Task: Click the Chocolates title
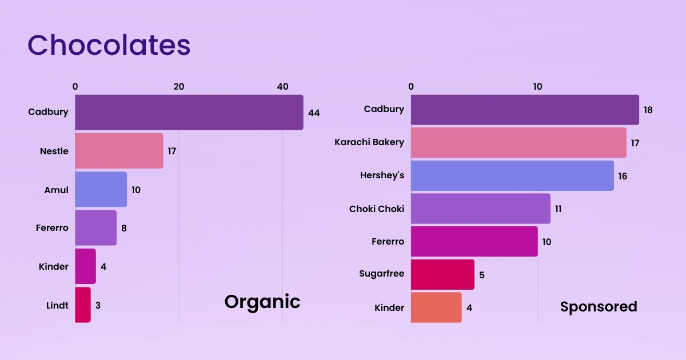tap(109, 45)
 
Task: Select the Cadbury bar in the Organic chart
tap(189, 113)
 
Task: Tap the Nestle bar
tap(119, 151)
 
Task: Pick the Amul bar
tap(101, 189)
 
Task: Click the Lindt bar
tap(83, 305)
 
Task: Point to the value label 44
tap(314, 113)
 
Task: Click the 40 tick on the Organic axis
tap(282, 86)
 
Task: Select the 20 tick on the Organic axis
tap(178, 86)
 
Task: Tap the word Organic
tap(262, 301)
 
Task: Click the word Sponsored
tap(598, 307)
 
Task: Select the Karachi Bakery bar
tap(519, 142)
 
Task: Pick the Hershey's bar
tap(512, 175)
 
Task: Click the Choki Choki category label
tap(376, 209)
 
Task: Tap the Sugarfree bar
tap(442, 274)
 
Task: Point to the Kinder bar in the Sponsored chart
tap(436, 307)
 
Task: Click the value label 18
tap(648, 110)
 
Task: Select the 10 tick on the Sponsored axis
tap(537, 86)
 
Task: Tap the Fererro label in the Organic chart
tap(51, 227)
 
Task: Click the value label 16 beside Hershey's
tap(623, 176)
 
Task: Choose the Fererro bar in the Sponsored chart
tap(474, 241)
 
